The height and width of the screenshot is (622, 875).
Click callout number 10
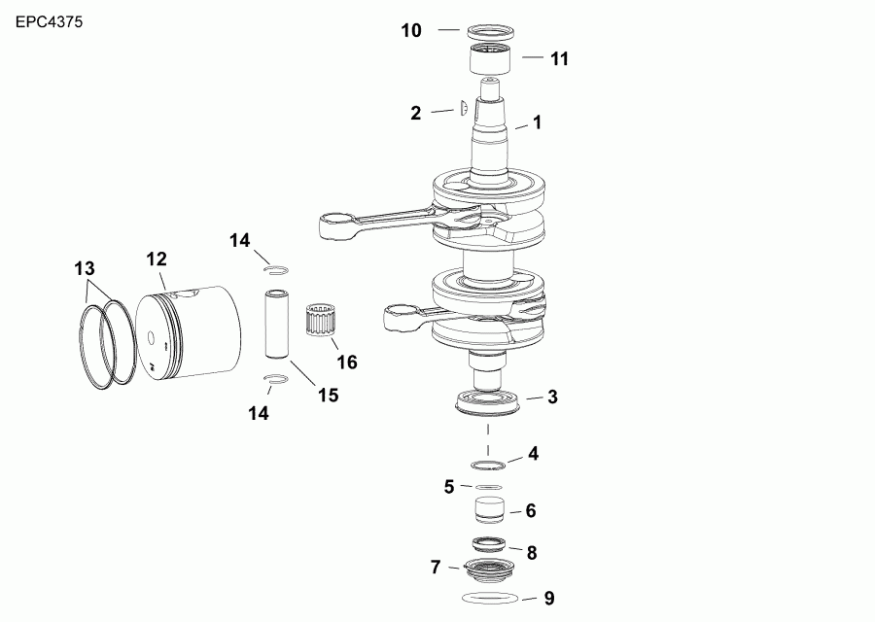[411, 31]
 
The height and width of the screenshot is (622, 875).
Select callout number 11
[559, 58]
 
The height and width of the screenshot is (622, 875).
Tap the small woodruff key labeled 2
[464, 108]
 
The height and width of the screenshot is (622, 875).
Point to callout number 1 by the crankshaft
[536, 123]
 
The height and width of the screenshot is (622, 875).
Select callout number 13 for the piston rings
[85, 267]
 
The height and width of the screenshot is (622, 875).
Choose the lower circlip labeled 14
[275, 379]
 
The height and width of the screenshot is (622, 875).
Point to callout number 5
[449, 486]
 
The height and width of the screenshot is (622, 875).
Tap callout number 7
[436, 566]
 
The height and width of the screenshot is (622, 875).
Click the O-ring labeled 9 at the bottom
[488, 596]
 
